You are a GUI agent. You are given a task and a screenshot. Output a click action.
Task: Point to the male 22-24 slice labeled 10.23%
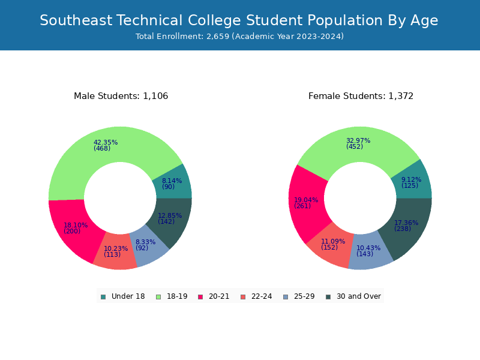point(116,251)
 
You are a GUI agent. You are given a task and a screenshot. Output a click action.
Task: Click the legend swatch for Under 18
point(103,297)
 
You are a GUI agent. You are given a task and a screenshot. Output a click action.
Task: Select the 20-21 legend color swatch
point(200,297)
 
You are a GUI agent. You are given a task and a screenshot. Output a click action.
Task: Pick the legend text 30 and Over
point(359,296)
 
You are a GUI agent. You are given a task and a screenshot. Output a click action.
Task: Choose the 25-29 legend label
point(304,296)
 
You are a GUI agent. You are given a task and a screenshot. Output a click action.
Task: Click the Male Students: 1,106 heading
point(121,96)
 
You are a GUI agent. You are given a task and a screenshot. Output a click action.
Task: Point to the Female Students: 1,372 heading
point(361,96)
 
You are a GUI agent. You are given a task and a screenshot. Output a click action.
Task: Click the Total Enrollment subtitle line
point(239,37)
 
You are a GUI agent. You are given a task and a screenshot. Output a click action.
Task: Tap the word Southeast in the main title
point(76,20)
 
